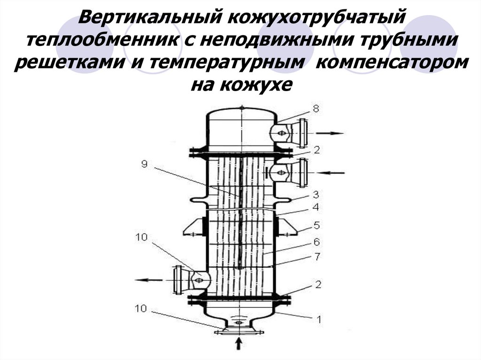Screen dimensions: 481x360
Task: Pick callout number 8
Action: click(x=316, y=109)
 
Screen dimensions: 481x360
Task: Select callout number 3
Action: click(x=316, y=193)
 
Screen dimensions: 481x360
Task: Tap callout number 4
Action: click(x=316, y=207)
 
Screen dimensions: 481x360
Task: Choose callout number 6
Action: click(x=316, y=242)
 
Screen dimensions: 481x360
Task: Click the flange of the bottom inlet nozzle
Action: click(x=238, y=332)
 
